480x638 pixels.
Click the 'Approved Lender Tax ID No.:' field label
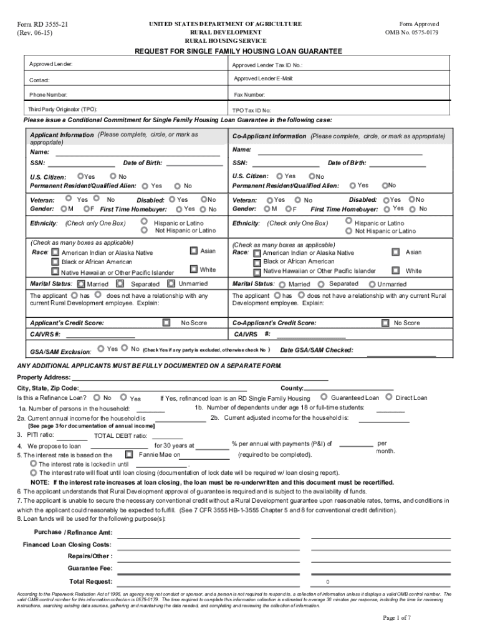coord(267,65)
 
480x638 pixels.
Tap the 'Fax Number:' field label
coord(249,95)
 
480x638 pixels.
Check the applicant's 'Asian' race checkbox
coord(194,250)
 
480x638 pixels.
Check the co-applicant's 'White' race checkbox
coord(395,270)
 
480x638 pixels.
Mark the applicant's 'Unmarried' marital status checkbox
coord(171,283)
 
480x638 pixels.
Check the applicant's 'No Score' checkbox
coord(166,323)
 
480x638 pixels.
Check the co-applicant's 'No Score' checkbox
coord(385,323)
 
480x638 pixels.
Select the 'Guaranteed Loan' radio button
coord(324,397)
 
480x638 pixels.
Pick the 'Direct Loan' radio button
coord(389,397)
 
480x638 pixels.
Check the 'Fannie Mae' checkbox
coord(129,454)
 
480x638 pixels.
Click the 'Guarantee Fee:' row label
coord(90,568)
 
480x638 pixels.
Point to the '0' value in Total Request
coord(327,582)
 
